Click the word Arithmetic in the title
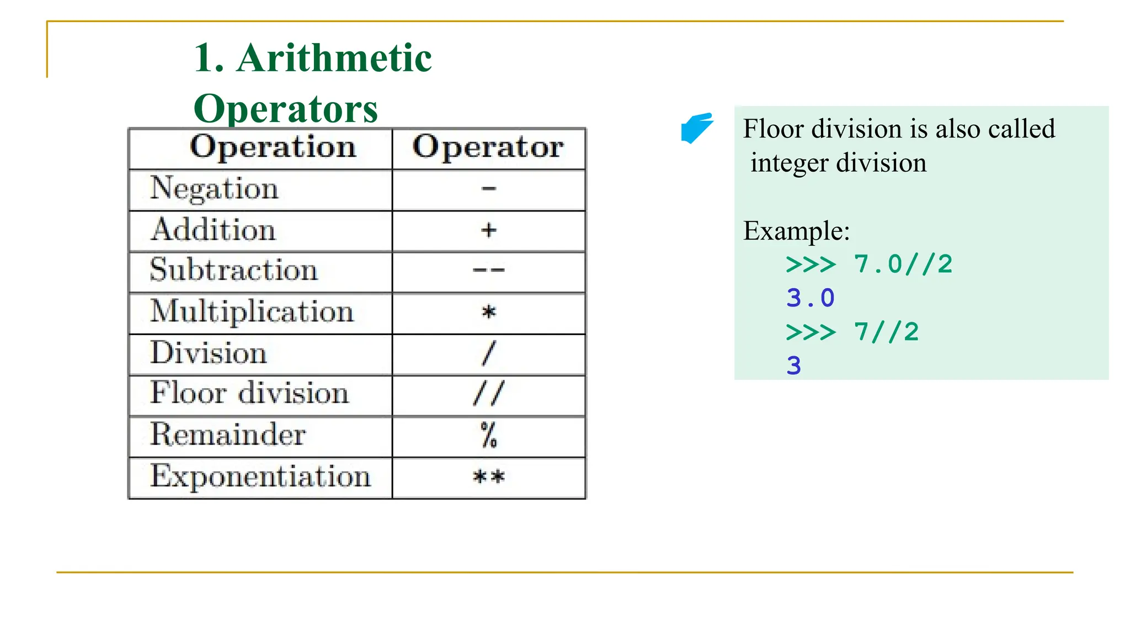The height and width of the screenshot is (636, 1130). click(334, 58)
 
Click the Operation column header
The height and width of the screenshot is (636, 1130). click(273, 147)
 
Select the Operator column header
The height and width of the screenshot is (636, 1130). click(488, 147)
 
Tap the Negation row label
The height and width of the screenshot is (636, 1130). click(214, 189)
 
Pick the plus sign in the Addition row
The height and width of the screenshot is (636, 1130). click(488, 230)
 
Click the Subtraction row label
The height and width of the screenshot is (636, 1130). click(233, 271)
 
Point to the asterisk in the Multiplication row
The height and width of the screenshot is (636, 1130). click(489, 312)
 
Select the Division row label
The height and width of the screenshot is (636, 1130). click(209, 353)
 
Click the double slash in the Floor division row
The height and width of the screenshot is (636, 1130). click(488, 394)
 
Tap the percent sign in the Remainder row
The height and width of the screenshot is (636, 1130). click(489, 435)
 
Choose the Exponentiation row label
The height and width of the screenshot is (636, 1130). click(260, 476)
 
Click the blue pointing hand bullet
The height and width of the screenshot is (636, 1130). click(696, 128)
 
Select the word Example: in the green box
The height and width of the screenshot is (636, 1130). click(796, 231)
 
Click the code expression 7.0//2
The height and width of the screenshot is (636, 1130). click(903, 264)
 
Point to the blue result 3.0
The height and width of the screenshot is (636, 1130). click(810, 299)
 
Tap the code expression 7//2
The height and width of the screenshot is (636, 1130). click(886, 332)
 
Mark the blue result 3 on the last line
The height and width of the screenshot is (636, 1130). click(793, 366)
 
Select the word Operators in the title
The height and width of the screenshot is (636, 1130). click(286, 109)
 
